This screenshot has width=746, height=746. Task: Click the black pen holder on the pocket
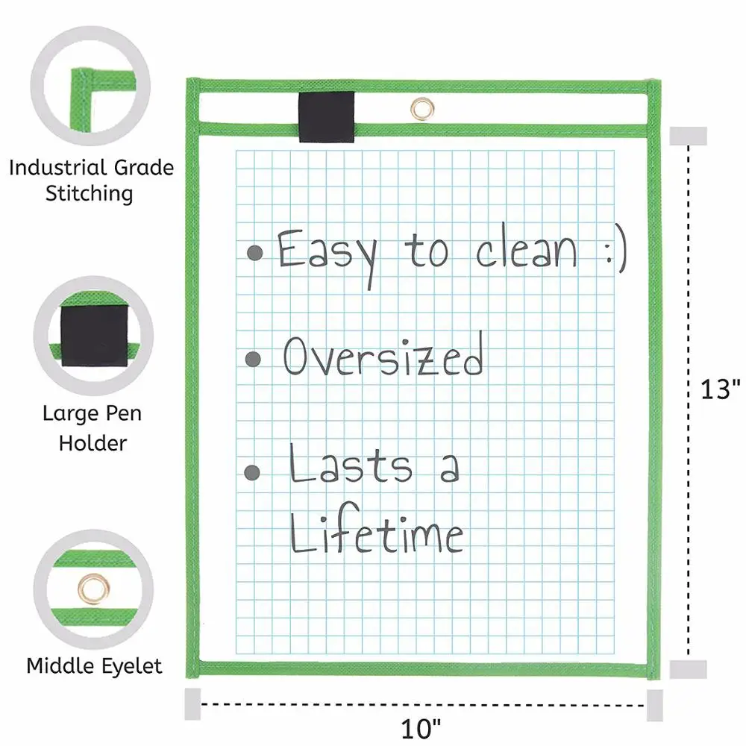326,116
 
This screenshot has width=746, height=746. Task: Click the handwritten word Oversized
383,356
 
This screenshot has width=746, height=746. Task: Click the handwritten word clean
527,249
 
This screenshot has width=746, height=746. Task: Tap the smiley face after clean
615,249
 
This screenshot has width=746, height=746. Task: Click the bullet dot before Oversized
254,360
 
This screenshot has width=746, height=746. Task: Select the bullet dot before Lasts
254,471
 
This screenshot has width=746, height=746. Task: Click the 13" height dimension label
720,389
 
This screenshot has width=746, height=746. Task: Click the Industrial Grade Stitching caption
90,180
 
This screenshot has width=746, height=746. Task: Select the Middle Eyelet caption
94,665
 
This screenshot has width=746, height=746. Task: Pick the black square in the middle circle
93,335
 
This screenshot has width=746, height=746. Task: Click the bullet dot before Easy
255,252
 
